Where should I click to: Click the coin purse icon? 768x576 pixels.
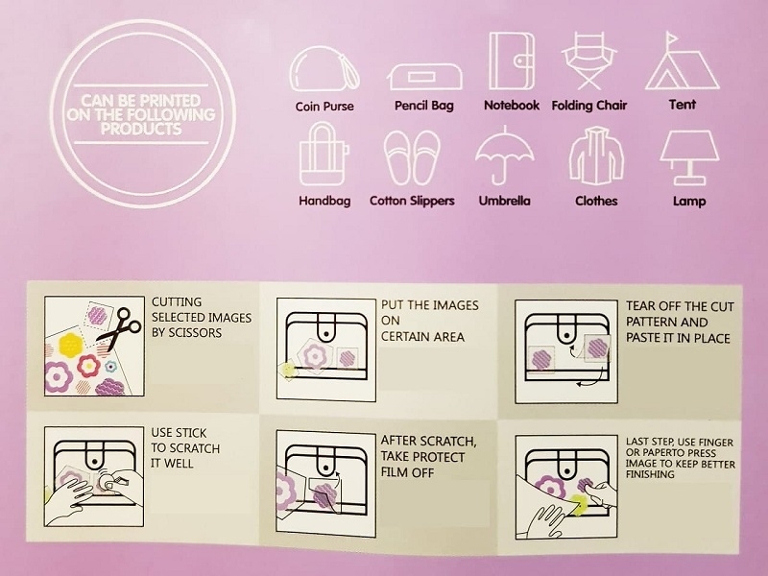tap(324, 68)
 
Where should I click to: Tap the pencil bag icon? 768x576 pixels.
tap(424, 77)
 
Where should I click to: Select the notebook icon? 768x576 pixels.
tap(512, 60)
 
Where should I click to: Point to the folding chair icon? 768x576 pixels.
tap(589, 60)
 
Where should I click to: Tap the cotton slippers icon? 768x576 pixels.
tap(412, 157)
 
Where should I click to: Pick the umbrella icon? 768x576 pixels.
tap(505, 155)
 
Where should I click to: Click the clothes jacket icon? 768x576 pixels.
tap(596, 156)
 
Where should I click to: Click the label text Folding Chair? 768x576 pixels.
tap(589, 106)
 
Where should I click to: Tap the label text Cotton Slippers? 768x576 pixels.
tap(412, 201)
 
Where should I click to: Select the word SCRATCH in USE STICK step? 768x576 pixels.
tap(193, 448)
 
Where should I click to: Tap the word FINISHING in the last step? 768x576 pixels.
tap(650, 474)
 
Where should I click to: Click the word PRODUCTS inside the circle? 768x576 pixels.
tap(141, 129)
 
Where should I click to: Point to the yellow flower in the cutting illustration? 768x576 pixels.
tap(70, 344)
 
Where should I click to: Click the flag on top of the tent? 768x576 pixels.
tap(671, 37)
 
